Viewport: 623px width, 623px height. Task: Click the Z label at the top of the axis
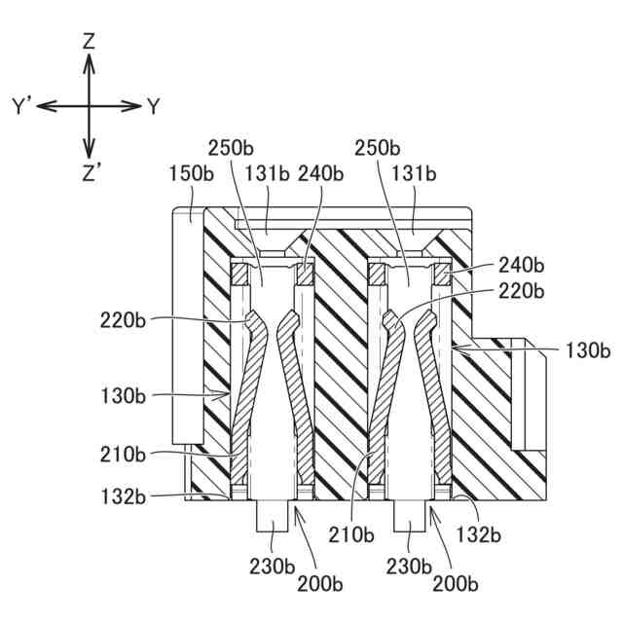89,41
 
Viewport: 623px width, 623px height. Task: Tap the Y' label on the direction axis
23,106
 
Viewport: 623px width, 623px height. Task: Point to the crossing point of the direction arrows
89,105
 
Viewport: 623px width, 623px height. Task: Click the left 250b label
232,149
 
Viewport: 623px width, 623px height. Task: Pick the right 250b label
378,149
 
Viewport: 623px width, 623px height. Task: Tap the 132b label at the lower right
479,534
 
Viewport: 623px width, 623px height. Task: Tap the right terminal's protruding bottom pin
410,516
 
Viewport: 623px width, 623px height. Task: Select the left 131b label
267,172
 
